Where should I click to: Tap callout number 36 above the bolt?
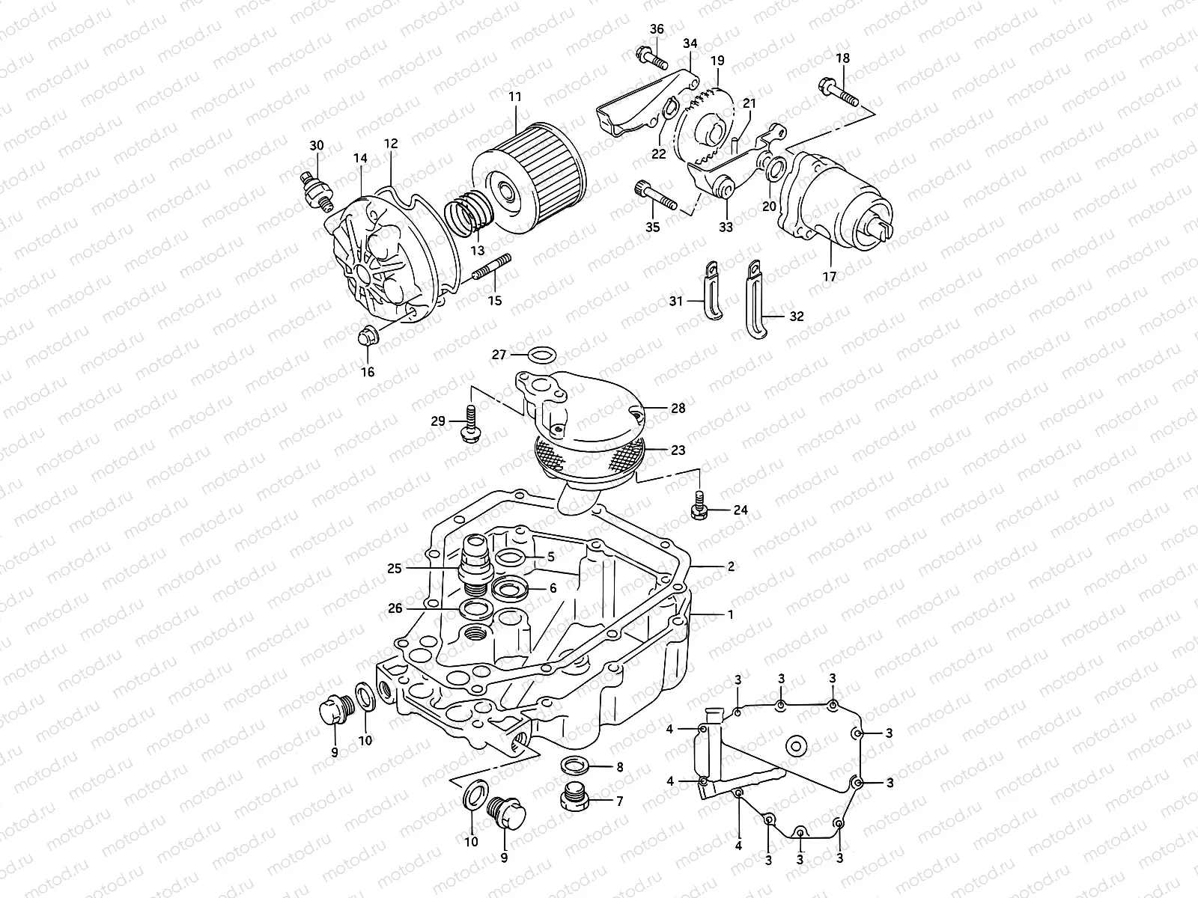coord(656,29)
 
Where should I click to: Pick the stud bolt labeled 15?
coord(491,268)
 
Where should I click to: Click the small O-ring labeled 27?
coord(543,354)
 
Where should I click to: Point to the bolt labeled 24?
coord(699,506)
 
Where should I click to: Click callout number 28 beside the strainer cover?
coord(678,409)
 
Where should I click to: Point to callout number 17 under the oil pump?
coord(829,277)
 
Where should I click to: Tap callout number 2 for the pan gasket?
coord(731,566)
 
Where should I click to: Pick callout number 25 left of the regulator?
coord(416,568)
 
